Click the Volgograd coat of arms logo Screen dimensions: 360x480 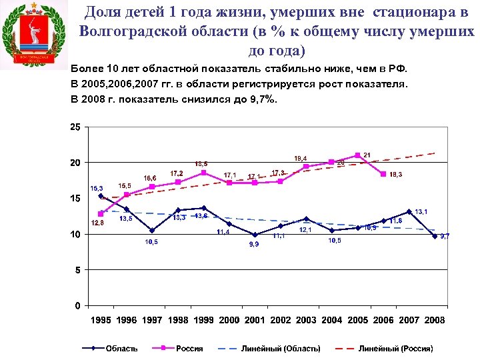pos(35,35)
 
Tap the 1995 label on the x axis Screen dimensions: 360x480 pos(101,320)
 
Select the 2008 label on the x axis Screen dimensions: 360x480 pos(435,320)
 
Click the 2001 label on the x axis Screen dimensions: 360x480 pos(255,320)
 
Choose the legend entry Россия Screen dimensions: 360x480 pos(189,348)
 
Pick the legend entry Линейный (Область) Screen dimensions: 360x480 pos(281,348)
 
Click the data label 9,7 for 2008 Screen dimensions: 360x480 pos(445,236)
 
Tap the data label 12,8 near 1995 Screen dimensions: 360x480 pos(97,223)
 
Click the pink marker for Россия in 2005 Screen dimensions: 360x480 pos(358,155)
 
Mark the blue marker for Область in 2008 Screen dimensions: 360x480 pos(435,236)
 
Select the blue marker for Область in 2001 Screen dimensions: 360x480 pos(255,235)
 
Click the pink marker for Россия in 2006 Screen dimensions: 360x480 pos(383,174)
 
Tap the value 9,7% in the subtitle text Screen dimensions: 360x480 pos(262,99)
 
